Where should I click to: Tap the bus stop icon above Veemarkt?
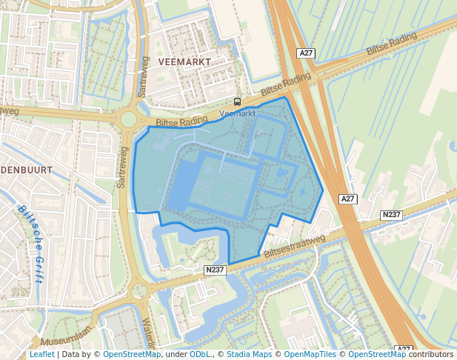237,101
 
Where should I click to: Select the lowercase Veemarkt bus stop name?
237,113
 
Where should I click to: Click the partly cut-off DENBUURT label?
26,170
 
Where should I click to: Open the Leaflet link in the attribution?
41,354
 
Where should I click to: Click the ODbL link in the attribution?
199,354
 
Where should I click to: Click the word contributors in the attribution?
431,354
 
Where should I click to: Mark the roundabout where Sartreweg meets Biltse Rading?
129,119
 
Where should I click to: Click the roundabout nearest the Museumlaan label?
139,290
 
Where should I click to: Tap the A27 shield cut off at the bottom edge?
403,350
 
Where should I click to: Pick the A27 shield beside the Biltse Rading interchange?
307,53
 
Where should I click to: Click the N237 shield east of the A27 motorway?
391,215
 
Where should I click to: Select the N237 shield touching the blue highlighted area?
215,271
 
